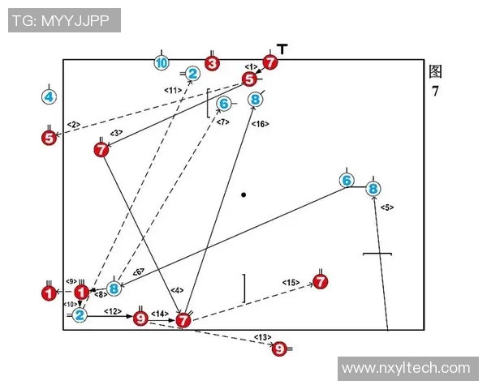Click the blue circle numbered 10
[x=162, y=62]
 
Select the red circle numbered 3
[x=212, y=62]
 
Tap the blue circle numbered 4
[x=49, y=97]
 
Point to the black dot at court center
[x=243, y=194]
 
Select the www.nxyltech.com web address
[x=406, y=368]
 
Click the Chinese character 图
[x=436, y=71]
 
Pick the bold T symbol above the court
[x=282, y=49]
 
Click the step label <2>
[x=74, y=124]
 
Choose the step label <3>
[x=116, y=133]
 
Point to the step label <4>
[x=177, y=290]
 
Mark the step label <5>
[x=386, y=207]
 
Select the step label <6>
[x=138, y=271]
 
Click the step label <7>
[x=223, y=122]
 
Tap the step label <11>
[x=172, y=90]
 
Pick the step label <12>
[x=113, y=311]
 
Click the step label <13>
[x=261, y=337]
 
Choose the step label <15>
[x=291, y=282]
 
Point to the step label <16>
[x=260, y=124]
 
